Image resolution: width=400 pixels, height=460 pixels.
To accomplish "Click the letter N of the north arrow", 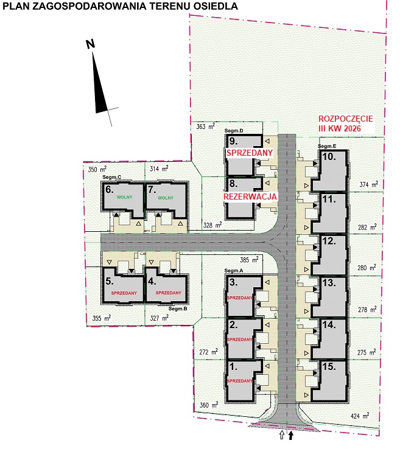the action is point(90,44).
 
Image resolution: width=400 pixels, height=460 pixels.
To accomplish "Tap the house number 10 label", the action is point(329,156).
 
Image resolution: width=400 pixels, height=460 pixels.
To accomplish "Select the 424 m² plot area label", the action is point(360,416).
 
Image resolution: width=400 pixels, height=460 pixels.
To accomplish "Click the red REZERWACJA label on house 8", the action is point(250,197).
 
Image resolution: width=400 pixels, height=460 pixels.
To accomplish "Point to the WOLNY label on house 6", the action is point(125,197).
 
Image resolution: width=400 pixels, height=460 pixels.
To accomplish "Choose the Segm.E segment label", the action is point(327,146).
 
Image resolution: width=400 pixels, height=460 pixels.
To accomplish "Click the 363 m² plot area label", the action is point(205,127).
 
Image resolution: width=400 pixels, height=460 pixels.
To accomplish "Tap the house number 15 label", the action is point(329,366).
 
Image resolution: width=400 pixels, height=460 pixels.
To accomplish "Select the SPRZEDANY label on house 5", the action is point(124,293).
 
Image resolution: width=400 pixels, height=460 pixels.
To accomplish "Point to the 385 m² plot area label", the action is point(249,260).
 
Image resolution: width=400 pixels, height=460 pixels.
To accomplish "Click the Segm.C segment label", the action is point(112,177).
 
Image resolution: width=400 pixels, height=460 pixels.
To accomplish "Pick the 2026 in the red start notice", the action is point(351,128).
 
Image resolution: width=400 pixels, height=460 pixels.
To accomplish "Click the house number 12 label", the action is point(329,241).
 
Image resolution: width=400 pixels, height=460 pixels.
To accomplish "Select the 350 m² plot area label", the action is point(97,169).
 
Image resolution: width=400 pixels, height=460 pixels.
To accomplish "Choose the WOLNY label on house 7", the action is point(166,198).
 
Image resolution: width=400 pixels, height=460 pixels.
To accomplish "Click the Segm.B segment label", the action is point(178,308).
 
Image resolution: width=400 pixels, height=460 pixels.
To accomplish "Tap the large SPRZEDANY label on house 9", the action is point(250,153).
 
